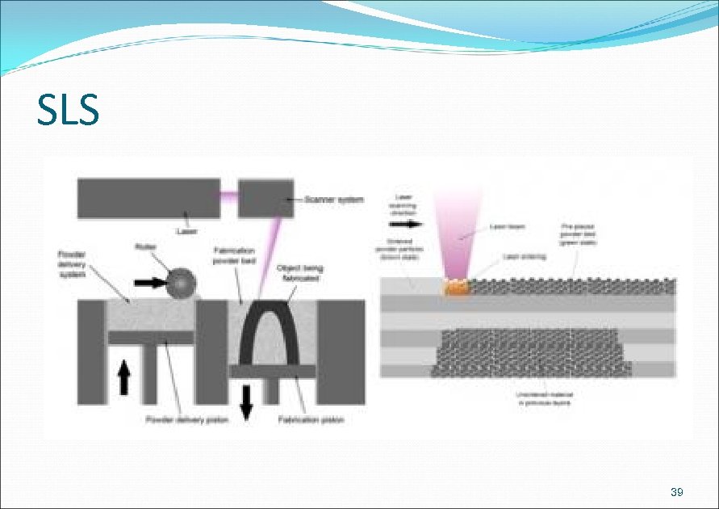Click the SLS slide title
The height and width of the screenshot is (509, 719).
click(x=68, y=111)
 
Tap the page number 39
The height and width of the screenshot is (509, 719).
click(x=677, y=492)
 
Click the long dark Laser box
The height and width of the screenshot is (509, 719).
click(x=149, y=198)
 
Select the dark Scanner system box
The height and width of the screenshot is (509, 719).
click(x=266, y=199)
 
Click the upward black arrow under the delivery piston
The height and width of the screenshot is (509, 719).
click(x=123, y=376)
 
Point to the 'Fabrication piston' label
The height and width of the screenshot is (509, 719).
click(x=311, y=420)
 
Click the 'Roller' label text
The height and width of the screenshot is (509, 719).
click(x=146, y=246)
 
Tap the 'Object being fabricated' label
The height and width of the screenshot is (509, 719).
click(x=299, y=272)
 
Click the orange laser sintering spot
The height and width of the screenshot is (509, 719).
click(x=456, y=286)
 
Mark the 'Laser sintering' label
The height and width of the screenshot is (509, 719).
click(x=525, y=256)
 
